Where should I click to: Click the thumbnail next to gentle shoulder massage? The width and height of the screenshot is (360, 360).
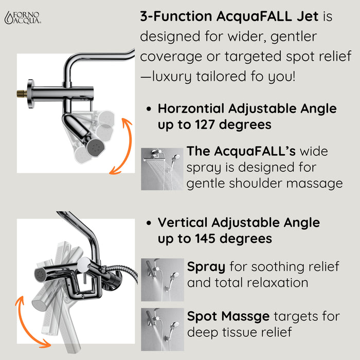(162, 169)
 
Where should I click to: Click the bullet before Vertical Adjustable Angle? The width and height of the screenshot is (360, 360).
(149, 224)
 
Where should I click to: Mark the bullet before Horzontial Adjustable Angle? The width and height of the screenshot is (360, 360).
(149, 110)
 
